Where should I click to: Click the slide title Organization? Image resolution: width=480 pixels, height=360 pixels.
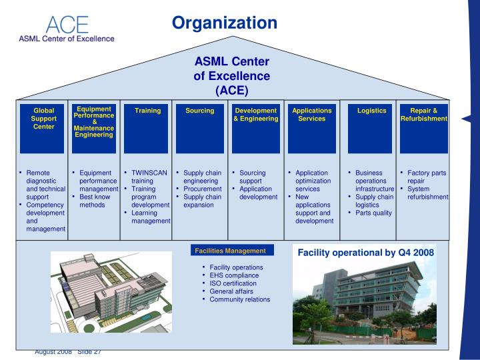(224, 23)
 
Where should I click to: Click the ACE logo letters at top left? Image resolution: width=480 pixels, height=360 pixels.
(67, 25)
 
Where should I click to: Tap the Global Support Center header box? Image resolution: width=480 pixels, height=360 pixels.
(44, 128)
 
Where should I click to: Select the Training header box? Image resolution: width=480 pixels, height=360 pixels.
(147, 128)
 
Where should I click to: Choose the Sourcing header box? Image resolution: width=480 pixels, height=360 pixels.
(199, 128)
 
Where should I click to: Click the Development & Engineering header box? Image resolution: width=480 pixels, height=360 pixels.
(255, 128)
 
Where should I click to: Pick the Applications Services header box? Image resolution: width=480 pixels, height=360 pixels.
(311, 128)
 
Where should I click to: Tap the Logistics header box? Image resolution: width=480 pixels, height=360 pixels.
(371, 128)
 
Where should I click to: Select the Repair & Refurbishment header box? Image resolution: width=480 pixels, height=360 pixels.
(424, 128)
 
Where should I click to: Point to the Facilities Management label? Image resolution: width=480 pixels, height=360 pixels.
(230, 251)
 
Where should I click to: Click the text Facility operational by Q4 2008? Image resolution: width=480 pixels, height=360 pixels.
(365, 253)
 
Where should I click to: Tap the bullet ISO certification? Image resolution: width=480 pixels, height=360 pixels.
(233, 283)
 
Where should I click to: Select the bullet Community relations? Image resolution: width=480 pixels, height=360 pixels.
(239, 299)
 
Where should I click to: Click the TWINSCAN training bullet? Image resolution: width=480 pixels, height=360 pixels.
(149, 177)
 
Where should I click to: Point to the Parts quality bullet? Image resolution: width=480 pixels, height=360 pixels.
(373, 213)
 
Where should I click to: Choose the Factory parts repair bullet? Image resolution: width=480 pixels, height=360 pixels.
(427, 177)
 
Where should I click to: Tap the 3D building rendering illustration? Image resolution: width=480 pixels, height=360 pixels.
(111, 292)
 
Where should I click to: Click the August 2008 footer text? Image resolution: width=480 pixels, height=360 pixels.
(53, 351)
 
